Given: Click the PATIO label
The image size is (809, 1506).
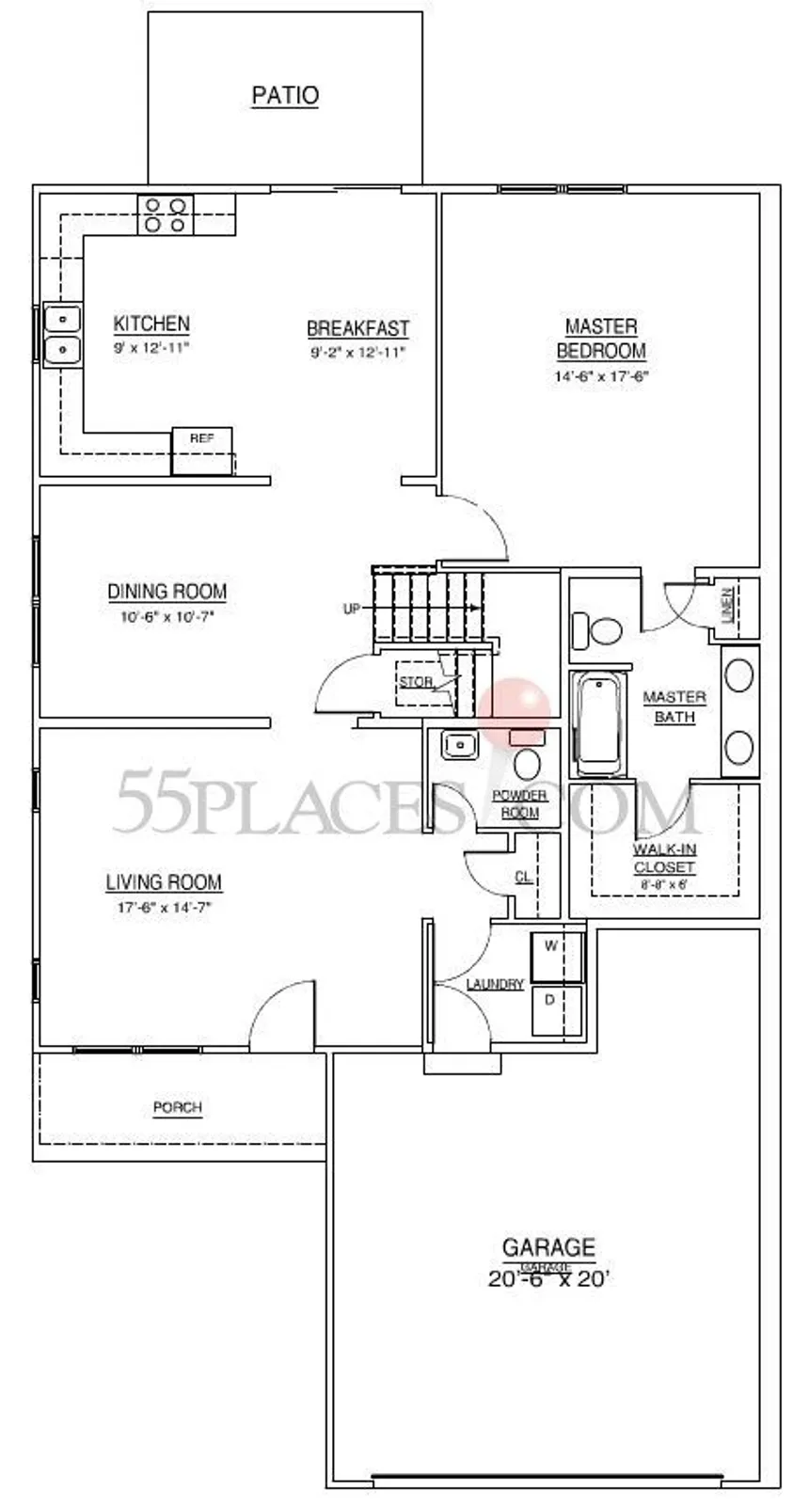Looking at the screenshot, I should (x=285, y=96).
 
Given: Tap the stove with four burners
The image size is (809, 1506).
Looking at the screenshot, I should (x=167, y=214).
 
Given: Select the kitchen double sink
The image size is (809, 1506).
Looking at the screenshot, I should (x=62, y=335).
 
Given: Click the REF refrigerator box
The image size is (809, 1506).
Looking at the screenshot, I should (x=201, y=451).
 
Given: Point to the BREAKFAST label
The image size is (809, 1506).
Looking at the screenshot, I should (x=357, y=329).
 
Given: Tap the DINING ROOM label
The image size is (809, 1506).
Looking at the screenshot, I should (x=167, y=592).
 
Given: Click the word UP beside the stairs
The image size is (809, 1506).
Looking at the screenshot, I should (x=351, y=609).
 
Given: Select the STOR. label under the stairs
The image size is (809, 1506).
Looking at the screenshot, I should (x=416, y=682).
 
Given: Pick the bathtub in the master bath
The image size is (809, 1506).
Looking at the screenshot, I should (x=596, y=722).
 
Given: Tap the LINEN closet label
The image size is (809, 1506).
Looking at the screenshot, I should (x=727, y=605).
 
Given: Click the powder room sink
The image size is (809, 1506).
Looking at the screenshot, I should (x=460, y=745).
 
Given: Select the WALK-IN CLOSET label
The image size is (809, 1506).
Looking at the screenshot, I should (x=664, y=859).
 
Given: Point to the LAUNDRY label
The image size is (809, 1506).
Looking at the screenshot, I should (x=495, y=985).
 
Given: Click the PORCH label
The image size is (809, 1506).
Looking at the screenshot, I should (x=178, y=1108).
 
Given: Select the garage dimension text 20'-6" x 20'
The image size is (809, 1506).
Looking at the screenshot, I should (x=549, y=1279).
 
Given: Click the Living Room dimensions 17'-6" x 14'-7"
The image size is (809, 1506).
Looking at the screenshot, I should (x=164, y=908).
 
